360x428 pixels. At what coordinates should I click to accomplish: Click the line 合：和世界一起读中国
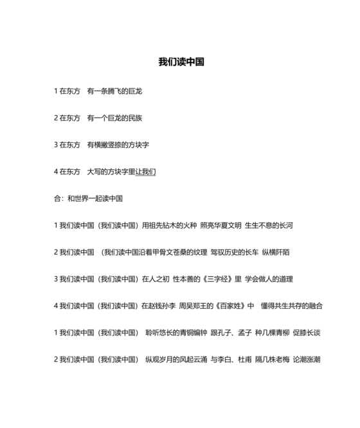pos(88,199)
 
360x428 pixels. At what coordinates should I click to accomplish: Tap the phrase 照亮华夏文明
pos(221,225)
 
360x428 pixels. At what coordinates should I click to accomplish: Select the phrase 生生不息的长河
pos(269,225)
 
